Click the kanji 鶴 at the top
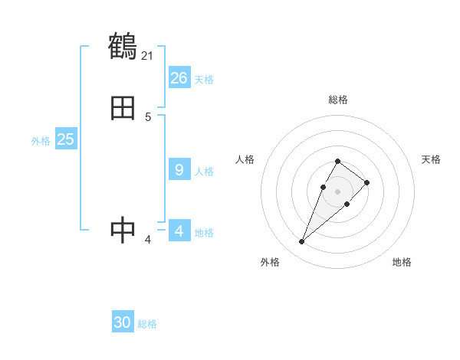[x=123, y=47]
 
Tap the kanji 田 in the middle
[x=123, y=109]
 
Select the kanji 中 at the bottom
[x=123, y=231]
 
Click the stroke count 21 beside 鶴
[x=148, y=55]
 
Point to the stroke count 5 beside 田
[x=148, y=117]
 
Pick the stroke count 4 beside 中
[x=148, y=240]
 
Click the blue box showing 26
[x=179, y=78]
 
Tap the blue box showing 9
[x=179, y=170]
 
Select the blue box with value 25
[x=66, y=139]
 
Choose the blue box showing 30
[x=123, y=322]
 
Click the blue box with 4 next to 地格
[x=179, y=231]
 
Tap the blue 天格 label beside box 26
[x=204, y=80]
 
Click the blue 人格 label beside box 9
[x=204, y=172]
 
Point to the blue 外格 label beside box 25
[x=41, y=141]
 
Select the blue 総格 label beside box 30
[x=147, y=324]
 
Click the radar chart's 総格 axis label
[x=338, y=100]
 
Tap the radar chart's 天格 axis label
[x=432, y=159]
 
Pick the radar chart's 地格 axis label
[x=402, y=263]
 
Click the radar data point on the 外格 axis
[x=301, y=242]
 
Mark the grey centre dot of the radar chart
[x=337, y=191]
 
